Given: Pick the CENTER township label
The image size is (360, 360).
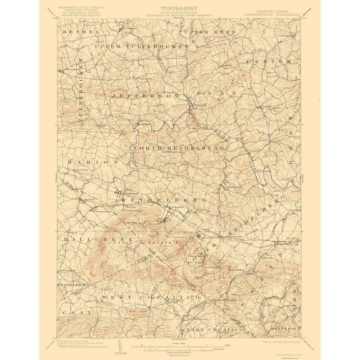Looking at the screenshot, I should (x=269, y=61).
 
